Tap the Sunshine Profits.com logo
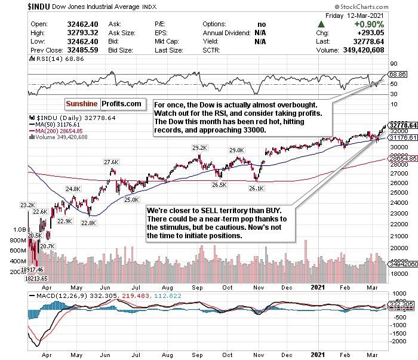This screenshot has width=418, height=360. tap(103, 104)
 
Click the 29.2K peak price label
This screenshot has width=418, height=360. tap(199, 147)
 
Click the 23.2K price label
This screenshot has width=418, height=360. tap(28, 205)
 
